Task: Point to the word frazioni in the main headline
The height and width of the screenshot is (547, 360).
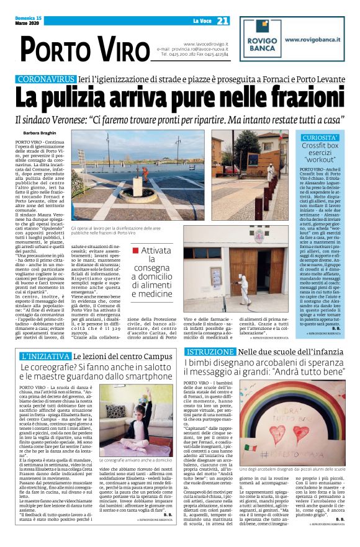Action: (x=276, y=99)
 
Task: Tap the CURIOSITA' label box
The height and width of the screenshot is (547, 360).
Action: (x=320, y=137)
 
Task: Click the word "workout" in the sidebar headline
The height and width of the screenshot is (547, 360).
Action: (x=320, y=160)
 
